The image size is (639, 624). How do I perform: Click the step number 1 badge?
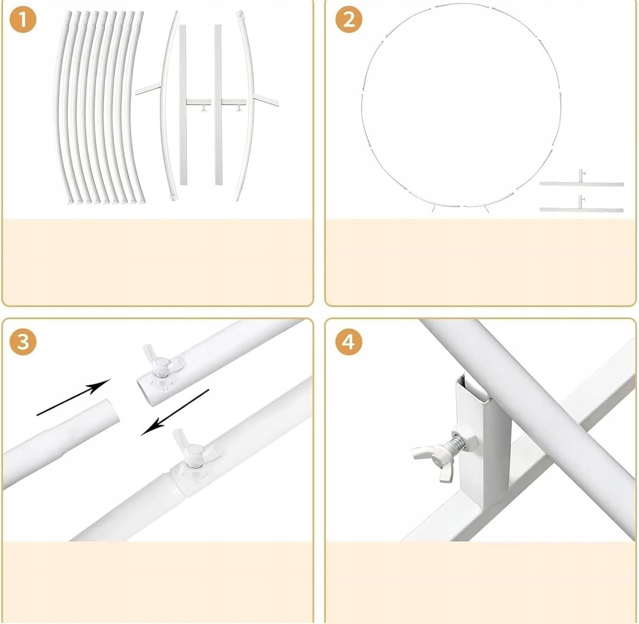pyautogui.click(x=23, y=20)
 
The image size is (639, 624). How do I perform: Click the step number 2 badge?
pyautogui.click(x=349, y=20)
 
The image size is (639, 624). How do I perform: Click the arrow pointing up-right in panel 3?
pyautogui.click(x=74, y=397)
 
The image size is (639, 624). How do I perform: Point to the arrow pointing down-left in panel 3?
pyautogui.click(x=175, y=413)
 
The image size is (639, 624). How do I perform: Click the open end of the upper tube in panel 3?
pyautogui.click(x=147, y=392)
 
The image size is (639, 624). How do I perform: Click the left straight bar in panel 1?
pyautogui.click(x=183, y=104)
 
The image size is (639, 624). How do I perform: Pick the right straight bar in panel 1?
pyautogui.click(x=218, y=104)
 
